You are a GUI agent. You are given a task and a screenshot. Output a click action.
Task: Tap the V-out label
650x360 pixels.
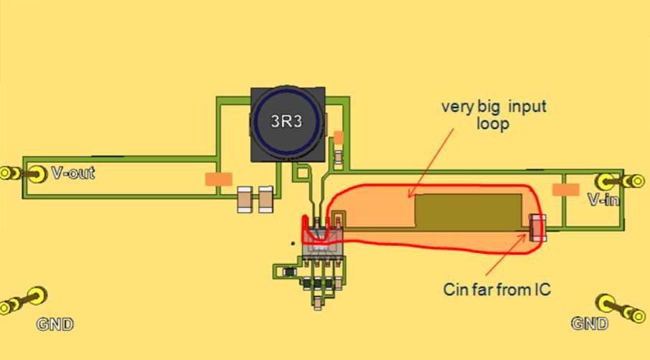tap(72, 173)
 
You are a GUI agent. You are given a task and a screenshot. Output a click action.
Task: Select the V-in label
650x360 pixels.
tap(603, 199)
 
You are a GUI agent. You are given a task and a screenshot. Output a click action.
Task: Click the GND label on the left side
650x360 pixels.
tap(55, 324)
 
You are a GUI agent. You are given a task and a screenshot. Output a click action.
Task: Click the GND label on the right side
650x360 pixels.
tap(590, 323)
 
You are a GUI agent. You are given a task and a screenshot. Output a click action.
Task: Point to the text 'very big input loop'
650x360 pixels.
tap(494, 114)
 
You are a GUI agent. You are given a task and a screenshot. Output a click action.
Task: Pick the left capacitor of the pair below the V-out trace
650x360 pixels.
tap(245, 199)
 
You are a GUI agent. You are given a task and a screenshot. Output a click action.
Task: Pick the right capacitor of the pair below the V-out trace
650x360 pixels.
tap(266, 199)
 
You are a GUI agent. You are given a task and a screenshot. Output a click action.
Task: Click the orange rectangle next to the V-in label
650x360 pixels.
tap(565, 189)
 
